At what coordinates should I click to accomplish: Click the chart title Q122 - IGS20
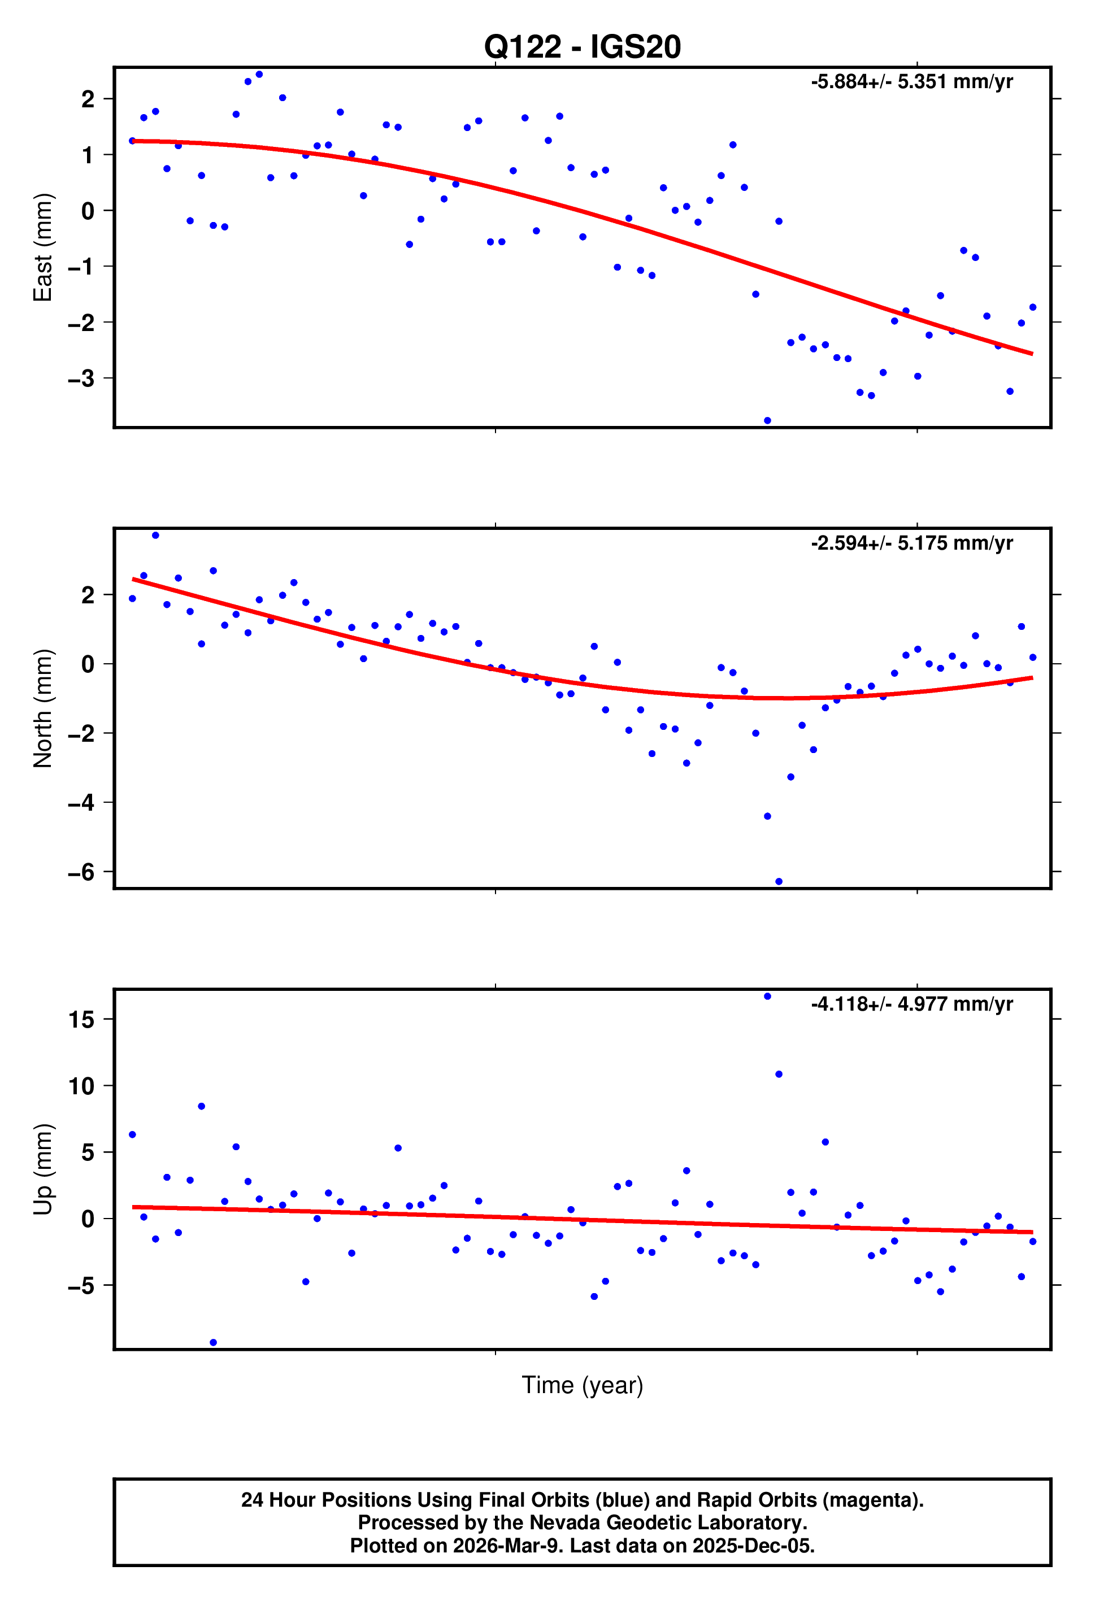(583, 47)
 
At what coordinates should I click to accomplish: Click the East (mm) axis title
(43, 247)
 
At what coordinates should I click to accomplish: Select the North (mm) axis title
(43, 708)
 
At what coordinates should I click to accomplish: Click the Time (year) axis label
(583, 1385)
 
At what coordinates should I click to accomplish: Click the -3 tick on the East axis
(81, 379)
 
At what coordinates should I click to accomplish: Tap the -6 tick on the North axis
(81, 873)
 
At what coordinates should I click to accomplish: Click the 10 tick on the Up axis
(81, 1086)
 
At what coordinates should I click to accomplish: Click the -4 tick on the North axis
(81, 803)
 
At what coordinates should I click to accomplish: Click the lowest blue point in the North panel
(779, 882)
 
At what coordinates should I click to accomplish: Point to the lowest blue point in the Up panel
(213, 1343)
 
